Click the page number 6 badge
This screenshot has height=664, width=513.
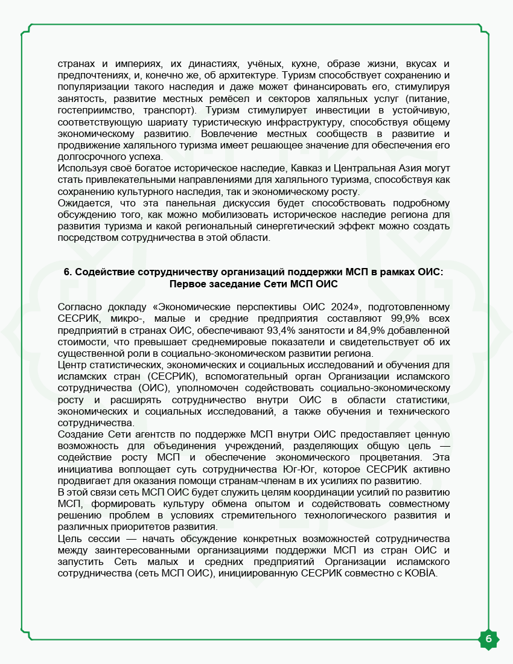point(488,639)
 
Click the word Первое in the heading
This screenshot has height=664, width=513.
point(189,284)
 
